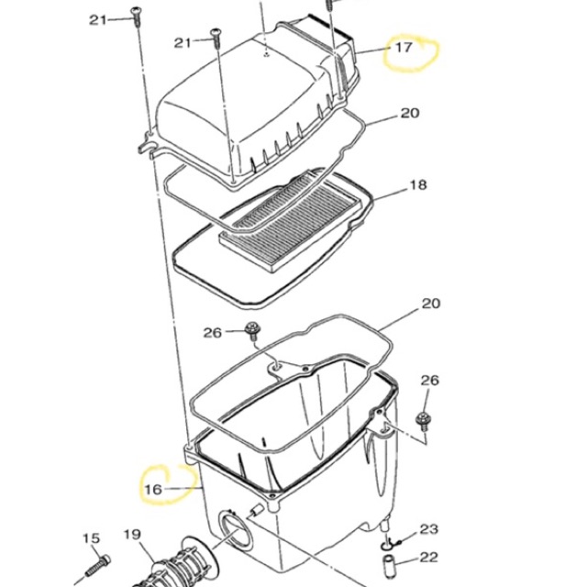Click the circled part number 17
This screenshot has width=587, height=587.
pos(404,48)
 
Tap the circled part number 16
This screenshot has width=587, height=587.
pos(153,489)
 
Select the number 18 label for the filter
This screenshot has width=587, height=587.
pos(418,185)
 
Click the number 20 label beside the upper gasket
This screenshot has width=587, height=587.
pos(410,113)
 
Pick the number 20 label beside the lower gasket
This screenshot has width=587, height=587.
pos(430,304)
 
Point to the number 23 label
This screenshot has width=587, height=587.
pos(428,529)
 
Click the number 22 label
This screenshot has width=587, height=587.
pos(428,558)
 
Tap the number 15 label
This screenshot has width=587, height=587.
pos(92,538)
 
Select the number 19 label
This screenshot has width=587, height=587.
pos(132,535)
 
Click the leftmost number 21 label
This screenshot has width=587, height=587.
pos(98,20)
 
